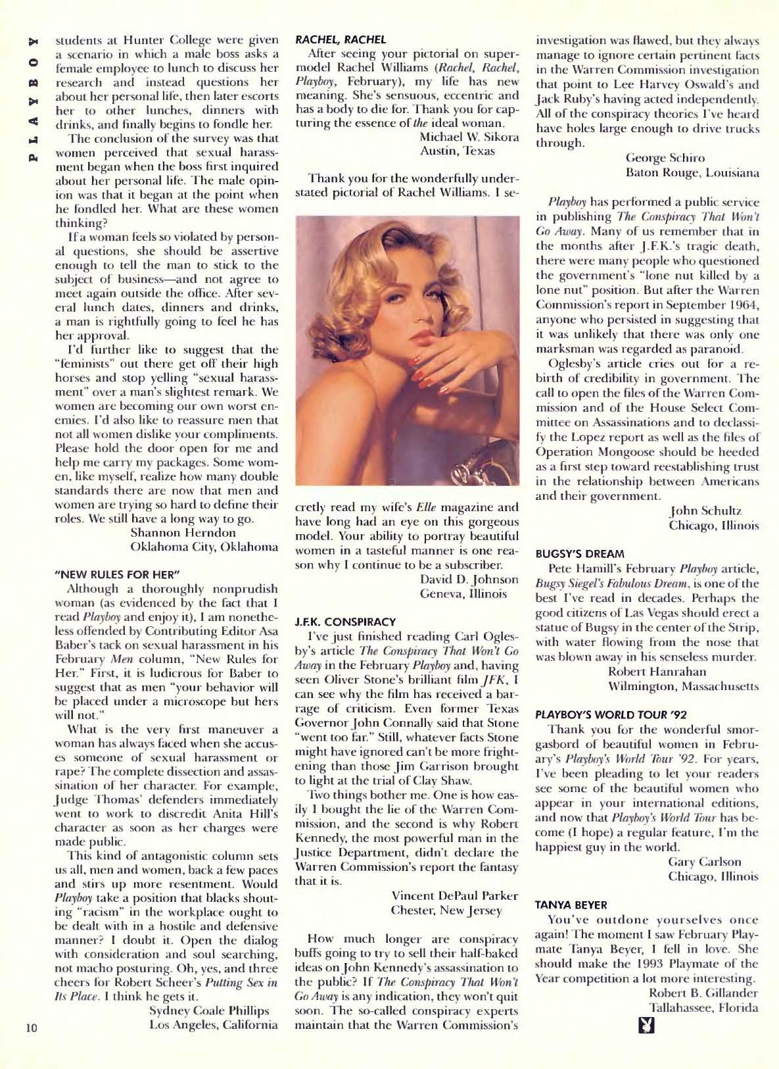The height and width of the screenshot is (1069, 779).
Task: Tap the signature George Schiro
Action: tap(665, 158)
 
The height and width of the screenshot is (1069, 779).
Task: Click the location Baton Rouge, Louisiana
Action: tap(692, 172)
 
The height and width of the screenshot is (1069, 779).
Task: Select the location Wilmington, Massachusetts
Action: tap(684, 686)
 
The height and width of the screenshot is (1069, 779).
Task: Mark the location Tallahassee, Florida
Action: tap(703, 1008)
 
